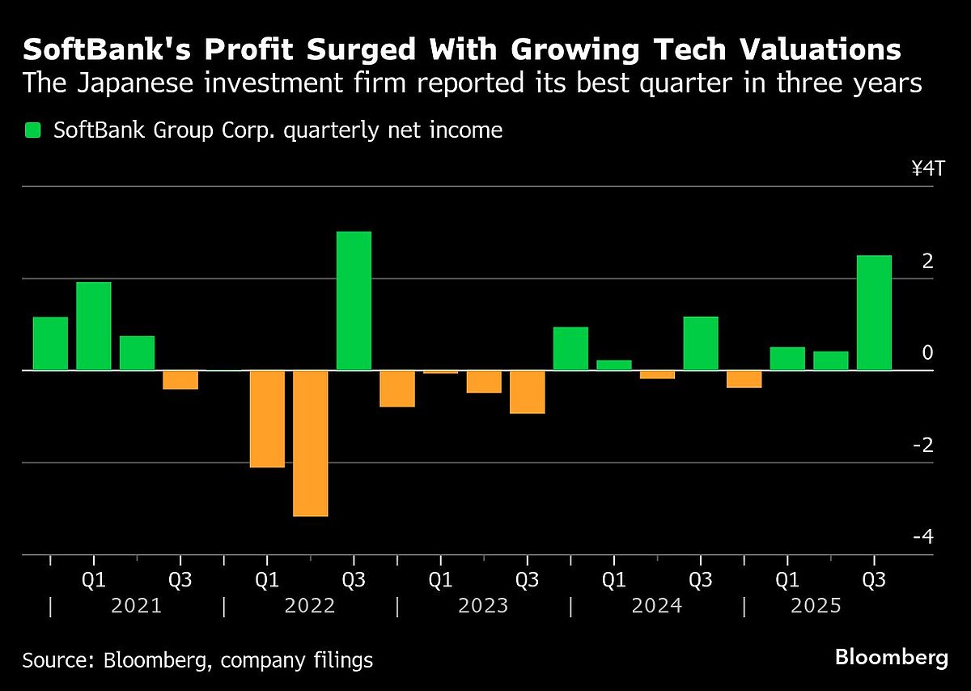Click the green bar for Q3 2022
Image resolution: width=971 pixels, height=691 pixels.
(354, 301)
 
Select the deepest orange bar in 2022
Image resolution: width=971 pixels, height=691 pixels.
(310, 442)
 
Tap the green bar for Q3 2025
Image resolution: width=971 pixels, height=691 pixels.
(874, 313)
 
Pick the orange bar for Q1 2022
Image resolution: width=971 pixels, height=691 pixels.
(267, 419)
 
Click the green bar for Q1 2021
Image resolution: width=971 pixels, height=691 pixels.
(93, 326)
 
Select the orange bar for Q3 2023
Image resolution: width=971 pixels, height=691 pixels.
(527, 391)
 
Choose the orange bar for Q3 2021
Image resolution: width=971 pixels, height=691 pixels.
(180, 379)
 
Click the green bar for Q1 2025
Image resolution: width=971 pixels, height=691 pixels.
(787, 358)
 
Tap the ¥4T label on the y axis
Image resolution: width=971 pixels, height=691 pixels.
(927, 169)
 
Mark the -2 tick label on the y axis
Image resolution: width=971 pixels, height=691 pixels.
(926, 446)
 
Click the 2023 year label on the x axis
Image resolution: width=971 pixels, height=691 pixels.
(484, 606)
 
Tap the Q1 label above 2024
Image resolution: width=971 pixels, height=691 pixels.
(614, 580)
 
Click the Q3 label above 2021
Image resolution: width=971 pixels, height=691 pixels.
(180, 580)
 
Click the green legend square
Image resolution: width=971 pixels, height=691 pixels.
(32, 130)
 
